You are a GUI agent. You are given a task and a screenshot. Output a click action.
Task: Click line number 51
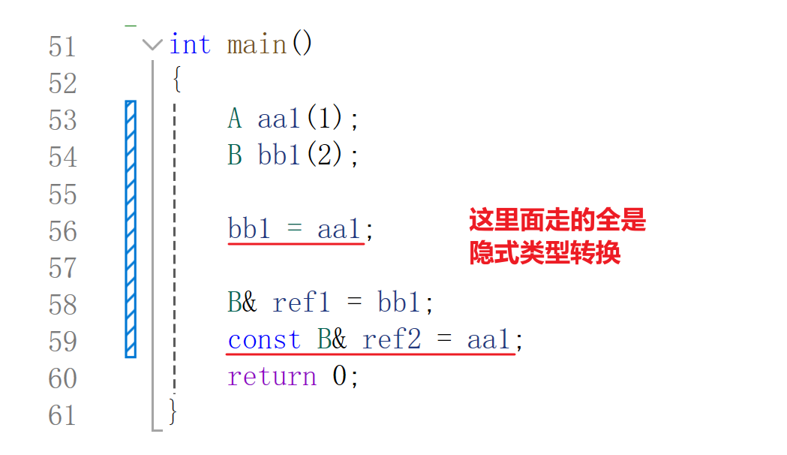pyautogui.click(x=62, y=47)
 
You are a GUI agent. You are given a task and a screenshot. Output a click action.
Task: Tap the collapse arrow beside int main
pyautogui.click(x=152, y=45)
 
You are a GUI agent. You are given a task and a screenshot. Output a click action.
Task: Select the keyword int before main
pyautogui.click(x=190, y=45)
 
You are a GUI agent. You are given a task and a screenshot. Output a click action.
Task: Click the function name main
pyautogui.click(x=257, y=45)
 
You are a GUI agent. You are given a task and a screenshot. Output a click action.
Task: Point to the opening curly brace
pyautogui.click(x=176, y=80)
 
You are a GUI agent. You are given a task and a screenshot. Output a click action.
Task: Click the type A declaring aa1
pyautogui.click(x=235, y=119)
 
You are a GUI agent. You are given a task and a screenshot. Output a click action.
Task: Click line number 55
pyautogui.click(x=62, y=194)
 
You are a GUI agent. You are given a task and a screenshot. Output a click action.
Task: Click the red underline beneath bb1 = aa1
pyautogui.click(x=296, y=243)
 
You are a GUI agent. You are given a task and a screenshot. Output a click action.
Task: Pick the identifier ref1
pyautogui.click(x=302, y=303)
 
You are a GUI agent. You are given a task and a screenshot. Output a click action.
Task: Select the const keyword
pyautogui.click(x=264, y=340)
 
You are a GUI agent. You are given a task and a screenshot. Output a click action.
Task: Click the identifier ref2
pyautogui.click(x=392, y=340)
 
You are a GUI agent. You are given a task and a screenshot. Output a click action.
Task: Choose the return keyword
pyautogui.click(x=272, y=376)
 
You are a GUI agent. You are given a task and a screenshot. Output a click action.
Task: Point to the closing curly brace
pyautogui.click(x=174, y=412)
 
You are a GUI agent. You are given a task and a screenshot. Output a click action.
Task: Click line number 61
pyautogui.click(x=62, y=415)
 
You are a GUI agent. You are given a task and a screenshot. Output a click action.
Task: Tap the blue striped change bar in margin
pyautogui.click(x=131, y=228)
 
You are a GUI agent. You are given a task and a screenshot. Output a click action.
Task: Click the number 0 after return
pyautogui.click(x=340, y=376)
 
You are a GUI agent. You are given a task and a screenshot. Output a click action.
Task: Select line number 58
pyautogui.click(x=62, y=305)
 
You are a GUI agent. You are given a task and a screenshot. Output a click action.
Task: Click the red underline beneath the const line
pyautogui.click(x=371, y=354)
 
